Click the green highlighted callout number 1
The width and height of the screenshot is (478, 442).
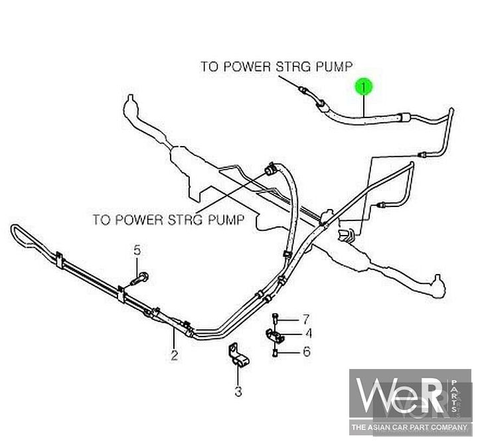click(363, 87)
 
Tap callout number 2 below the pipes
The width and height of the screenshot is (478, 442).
click(174, 356)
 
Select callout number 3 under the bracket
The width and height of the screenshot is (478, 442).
click(238, 392)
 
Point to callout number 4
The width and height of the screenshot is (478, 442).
click(309, 334)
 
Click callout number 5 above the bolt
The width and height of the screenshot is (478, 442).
click(137, 250)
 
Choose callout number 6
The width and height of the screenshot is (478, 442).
click(307, 352)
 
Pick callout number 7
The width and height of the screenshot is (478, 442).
click(306, 319)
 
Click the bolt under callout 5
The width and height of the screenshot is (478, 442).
click(140, 279)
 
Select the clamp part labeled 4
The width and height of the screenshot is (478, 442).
click(274, 336)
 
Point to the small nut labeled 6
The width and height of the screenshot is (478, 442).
click(275, 353)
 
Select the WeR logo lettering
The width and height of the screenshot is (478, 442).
click(402, 395)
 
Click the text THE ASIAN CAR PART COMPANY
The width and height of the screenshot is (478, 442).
click(409, 427)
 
